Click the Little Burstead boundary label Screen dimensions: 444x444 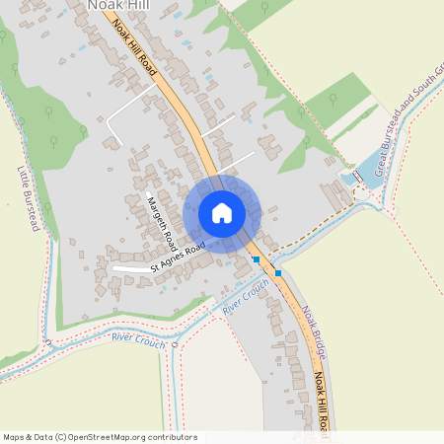point(28,198)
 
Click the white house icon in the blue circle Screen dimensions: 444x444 point(222,213)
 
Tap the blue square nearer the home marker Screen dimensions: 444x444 point(257,259)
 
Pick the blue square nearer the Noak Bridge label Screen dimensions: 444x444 point(278,272)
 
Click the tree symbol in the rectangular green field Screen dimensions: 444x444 point(332,100)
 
